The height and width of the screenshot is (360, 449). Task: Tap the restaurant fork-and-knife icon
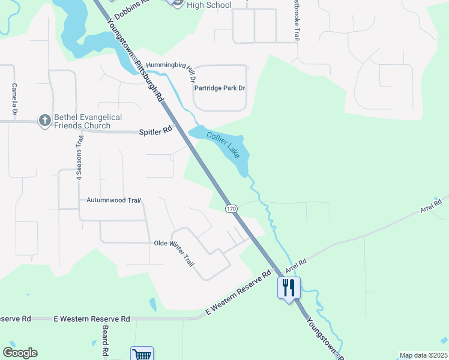coord(289,287)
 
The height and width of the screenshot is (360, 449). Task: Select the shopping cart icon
coord(142,355)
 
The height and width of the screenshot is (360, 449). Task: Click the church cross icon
coord(44,121)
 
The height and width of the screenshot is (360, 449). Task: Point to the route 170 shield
coord(232,208)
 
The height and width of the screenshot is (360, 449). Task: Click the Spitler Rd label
coord(155,131)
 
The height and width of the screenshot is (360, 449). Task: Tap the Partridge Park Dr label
coord(220,88)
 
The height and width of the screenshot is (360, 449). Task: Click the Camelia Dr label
coord(14,100)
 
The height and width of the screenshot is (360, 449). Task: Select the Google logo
coord(20,353)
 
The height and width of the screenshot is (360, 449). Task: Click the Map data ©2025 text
coord(423,355)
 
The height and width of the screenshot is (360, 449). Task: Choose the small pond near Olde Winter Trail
coord(152,305)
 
